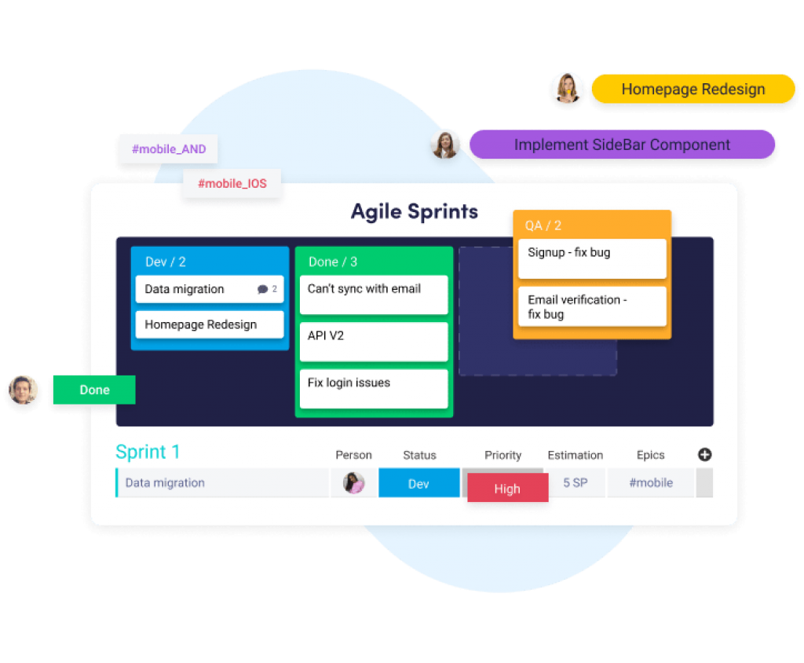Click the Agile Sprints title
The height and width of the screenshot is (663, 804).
click(x=414, y=211)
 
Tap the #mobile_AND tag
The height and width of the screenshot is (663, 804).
click(x=168, y=149)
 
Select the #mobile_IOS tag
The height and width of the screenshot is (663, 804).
click(x=232, y=184)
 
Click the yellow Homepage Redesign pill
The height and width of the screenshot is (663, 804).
click(x=693, y=89)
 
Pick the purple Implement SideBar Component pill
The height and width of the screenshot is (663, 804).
click(x=622, y=145)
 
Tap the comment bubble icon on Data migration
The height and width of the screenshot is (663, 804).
click(x=262, y=290)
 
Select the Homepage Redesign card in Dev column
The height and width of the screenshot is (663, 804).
click(x=209, y=324)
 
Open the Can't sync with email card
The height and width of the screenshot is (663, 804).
click(x=373, y=295)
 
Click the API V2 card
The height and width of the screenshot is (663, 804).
click(x=373, y=342)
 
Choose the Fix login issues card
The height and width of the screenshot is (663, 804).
click(x=373, y=389)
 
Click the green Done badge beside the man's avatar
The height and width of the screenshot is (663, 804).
click(x=94, y=390)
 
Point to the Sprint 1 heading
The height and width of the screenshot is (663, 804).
click(x=148, y=452)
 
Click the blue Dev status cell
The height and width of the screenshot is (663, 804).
click(x=418, y=483)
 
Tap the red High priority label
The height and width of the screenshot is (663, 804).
click(x=507, y=489)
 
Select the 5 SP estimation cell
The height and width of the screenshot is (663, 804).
click(x=575, y=483)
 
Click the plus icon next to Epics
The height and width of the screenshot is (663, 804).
click(x=704, y=454)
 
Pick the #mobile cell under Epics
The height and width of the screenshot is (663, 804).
click(x=650, y=483)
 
